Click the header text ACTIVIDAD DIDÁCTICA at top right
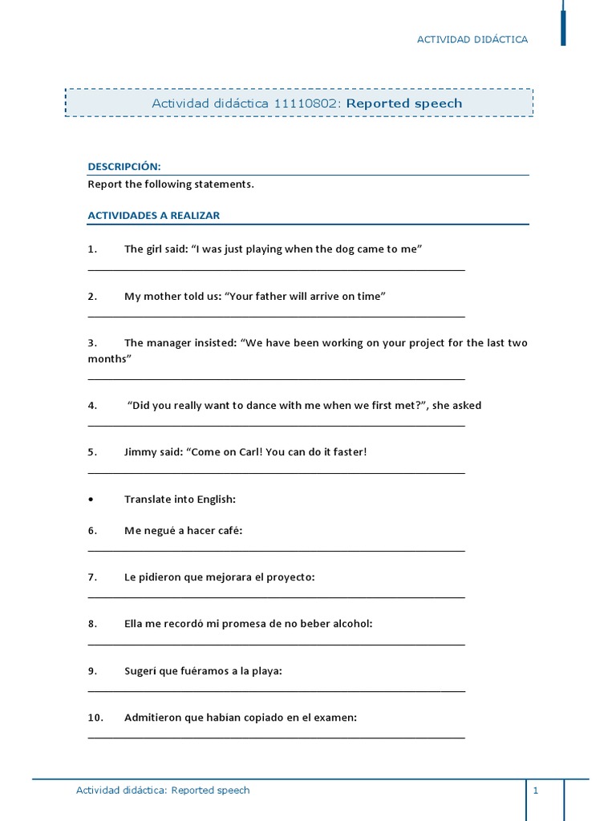(x=472, y=39)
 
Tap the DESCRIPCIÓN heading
(x=124, y=167)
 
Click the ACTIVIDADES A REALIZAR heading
(x=153, y=216)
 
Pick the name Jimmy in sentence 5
(x=140, y=452)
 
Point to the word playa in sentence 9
(x=265, y=671)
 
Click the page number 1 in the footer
(x=535, y=791)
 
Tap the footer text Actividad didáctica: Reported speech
(x=163, y=791)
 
